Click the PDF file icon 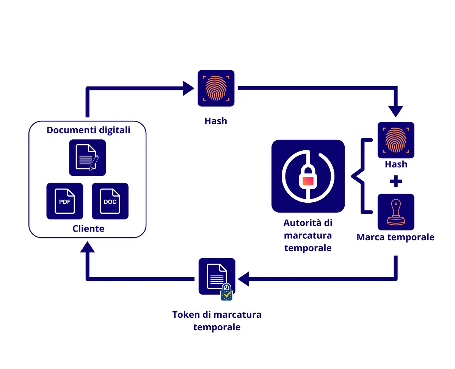65,201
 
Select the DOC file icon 110,201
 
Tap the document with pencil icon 88,158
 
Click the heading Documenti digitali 88,130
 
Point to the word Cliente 88,229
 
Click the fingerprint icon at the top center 216,88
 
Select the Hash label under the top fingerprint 216,121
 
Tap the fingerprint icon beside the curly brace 396,140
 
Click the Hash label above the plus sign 396,164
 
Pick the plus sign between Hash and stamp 396,182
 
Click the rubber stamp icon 396,212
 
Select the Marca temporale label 395,237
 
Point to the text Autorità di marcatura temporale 308,235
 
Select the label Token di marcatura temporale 217,321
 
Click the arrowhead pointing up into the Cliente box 88,248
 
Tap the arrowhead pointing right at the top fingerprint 188,88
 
